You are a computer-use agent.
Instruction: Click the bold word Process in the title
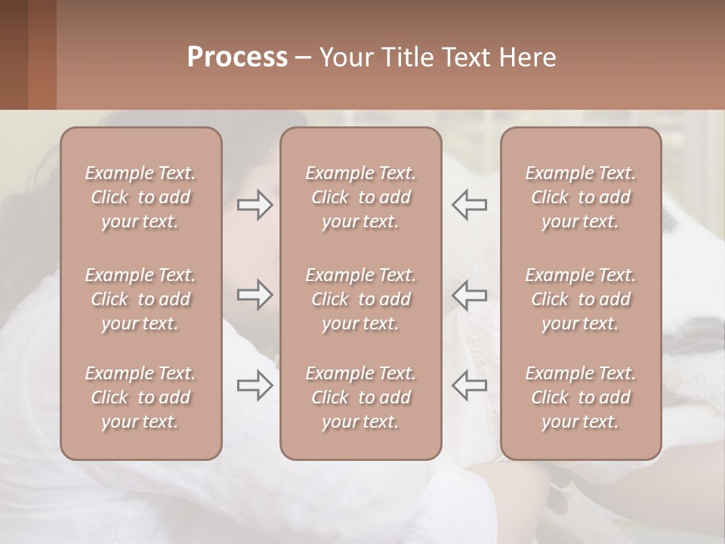pyautogui.click(x=237, y=57)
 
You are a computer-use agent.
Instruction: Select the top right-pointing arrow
pyautogui.click(x=255, y=205)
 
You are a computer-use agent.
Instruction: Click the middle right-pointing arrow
pyautogui.click(x=255, y=295)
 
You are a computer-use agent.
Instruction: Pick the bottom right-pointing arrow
pyautogui.click(x=255, y=385)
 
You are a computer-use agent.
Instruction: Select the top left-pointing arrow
pyautogui.click(x=469, y=205)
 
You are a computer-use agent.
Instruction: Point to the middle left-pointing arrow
pyautogui.click(x=469, y=295)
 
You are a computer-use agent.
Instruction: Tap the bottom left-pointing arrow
pyautogui.click(x=469, y=385)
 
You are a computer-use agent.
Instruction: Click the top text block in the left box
pyautogui.click(x=140, y=197)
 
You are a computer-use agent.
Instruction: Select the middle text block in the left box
pyautogui.click(x=140, y=299)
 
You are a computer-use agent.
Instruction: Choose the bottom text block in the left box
pyautogui.click(x=140, y=397)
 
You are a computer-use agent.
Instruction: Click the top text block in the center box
pyautogui.click(x=361, y=197)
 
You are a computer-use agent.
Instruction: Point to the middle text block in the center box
pyautogui.click(x=361, y=299)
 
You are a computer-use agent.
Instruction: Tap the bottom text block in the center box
pyautogui.click(x=361, y=397)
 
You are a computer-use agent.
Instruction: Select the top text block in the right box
pyautogui.click(x=581, y=197)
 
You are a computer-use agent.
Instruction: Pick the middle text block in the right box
pyautogui.click(x=581, y=299)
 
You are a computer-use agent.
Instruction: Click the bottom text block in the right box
pyautogui.click(x=581, y=397)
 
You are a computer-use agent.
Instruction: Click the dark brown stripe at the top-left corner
pyautogui.click(x=14, y=54)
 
